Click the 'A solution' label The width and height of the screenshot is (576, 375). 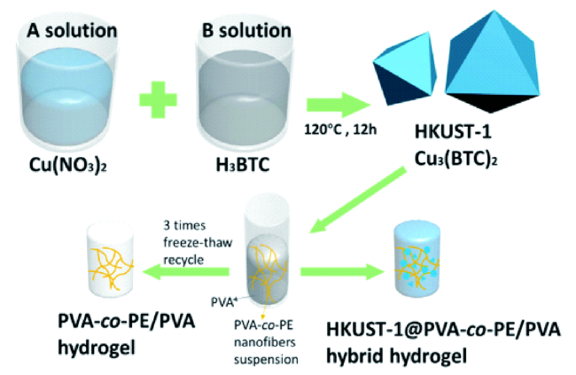[x=72, y=30]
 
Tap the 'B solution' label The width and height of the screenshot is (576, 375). [x=246, y=30]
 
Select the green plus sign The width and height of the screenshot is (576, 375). [x=159, y=99]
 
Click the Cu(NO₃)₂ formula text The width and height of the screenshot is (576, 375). [x=68, y=165]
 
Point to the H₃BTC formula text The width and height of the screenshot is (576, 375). [x=243, y=165]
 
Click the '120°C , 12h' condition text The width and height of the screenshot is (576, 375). [x=340, y=129]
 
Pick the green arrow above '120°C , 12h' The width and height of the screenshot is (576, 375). [x=339, y=105]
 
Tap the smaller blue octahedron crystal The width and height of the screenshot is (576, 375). [x=405, y=68]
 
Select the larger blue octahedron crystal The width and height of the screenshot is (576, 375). [x=492, y=62]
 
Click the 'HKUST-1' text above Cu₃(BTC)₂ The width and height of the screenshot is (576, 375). [x=453, y=131]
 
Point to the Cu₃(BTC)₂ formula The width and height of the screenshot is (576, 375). [x=455, y=159]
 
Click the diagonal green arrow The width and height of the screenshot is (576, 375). [x=358, y=199]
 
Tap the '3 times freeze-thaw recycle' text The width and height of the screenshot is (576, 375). [x=198, y=243]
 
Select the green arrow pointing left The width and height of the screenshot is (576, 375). [x=186, y=271]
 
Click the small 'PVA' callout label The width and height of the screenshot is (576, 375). [x=223, y=301]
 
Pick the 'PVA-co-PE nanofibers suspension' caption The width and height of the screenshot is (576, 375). [x=266, y=342]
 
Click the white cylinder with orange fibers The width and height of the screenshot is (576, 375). [x=110, y=258]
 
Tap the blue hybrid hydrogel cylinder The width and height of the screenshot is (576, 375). [x=416, y=258]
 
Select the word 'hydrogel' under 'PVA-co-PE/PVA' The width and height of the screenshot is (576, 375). [x=97, y=347]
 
